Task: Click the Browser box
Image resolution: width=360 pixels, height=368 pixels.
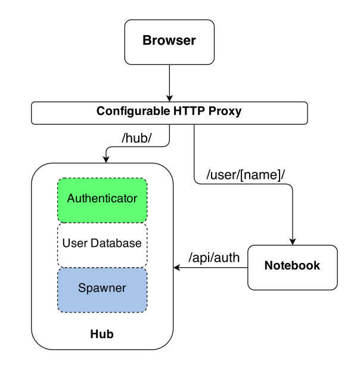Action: pyautogui.click(x=169, y=42)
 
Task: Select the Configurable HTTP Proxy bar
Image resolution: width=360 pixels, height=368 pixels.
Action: pyautogui.click(x=169, y=113)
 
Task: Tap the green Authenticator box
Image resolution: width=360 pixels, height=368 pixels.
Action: pyautogui.click(x=103, y=200)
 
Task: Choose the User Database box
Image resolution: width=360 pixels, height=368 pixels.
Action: pyautogui.click(x=103, y=245)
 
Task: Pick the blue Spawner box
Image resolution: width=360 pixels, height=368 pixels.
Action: pyautogui.click(x=103, y=290)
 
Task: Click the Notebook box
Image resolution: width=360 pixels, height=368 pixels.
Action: pyautogui.click(x=293, y=268)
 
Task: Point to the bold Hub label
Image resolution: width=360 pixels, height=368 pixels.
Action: pyautogui.click(x=102, y=334)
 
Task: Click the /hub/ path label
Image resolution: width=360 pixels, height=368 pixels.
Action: pyautogui.click(x=136, y=138)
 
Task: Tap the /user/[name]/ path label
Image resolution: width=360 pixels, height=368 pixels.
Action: pyautogui.click(x=246, y=175)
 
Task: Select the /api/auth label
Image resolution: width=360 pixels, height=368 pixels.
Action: pyautogui.click(x=214, y=258)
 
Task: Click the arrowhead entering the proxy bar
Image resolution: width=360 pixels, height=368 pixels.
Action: pyautogui.click(x=169, y=98)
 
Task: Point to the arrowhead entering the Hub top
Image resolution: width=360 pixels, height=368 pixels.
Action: pyautogui.click(x=106, y=160)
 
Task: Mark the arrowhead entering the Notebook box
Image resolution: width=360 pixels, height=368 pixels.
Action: pyautogui.click(x=293, y=242)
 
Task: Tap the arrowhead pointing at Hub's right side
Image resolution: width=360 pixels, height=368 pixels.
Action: pyautogui.click(x=176, y=268)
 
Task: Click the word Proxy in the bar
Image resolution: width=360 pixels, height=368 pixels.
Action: pyautogui.click(x=225, y=112)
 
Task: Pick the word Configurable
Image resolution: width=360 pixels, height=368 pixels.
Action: pyautogui.click(x=133, y=112)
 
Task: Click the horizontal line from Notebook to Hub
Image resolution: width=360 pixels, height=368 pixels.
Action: pyautogui.click(x=210, y=268)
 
